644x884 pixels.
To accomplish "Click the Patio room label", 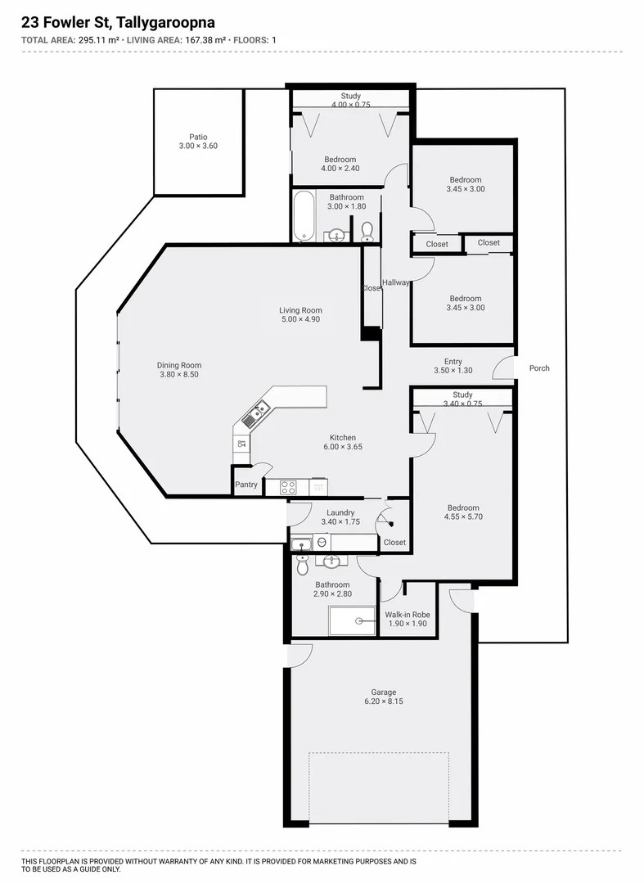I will point(198,138).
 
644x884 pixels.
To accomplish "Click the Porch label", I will point(539,368).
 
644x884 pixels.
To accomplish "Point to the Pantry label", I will point(246,485).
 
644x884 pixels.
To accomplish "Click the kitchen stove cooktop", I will point(288,486).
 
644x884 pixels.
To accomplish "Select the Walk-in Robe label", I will point(408,615).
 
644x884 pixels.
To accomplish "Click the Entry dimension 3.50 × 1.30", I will point(453,371).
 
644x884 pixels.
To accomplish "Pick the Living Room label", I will point(300,310).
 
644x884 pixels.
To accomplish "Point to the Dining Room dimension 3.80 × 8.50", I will point(179,375).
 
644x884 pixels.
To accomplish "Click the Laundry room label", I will point(340,513).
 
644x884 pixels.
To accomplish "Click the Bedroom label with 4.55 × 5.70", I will point(462,507).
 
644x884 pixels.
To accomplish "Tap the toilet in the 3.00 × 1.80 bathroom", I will point(367,232).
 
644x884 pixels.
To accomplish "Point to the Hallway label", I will point(395,282).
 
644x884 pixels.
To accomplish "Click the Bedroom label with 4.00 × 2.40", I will point(340,159).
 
